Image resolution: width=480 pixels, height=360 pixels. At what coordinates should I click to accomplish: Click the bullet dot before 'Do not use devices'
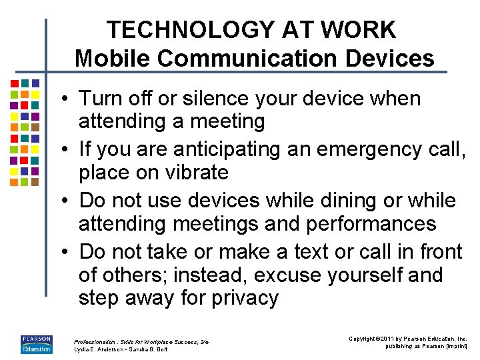point(68,201)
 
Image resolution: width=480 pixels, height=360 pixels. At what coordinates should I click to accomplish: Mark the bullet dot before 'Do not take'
point(68,253)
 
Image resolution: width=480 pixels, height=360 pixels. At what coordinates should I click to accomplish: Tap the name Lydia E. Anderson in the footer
point(101,349)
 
